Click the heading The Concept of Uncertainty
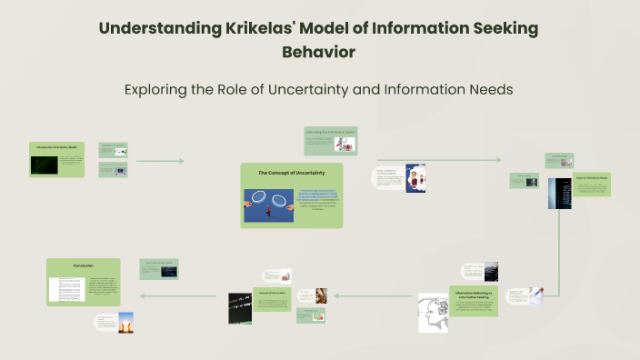tap(290, 172)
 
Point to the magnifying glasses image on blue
tap(268, 205)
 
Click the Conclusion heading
tap(84, 265)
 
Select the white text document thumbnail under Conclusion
tap(66, 288)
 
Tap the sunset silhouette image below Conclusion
tap(125, 322)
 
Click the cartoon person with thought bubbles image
tap(415, 178)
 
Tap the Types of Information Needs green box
tap(591, 183)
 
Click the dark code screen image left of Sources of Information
tap(240, 307)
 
